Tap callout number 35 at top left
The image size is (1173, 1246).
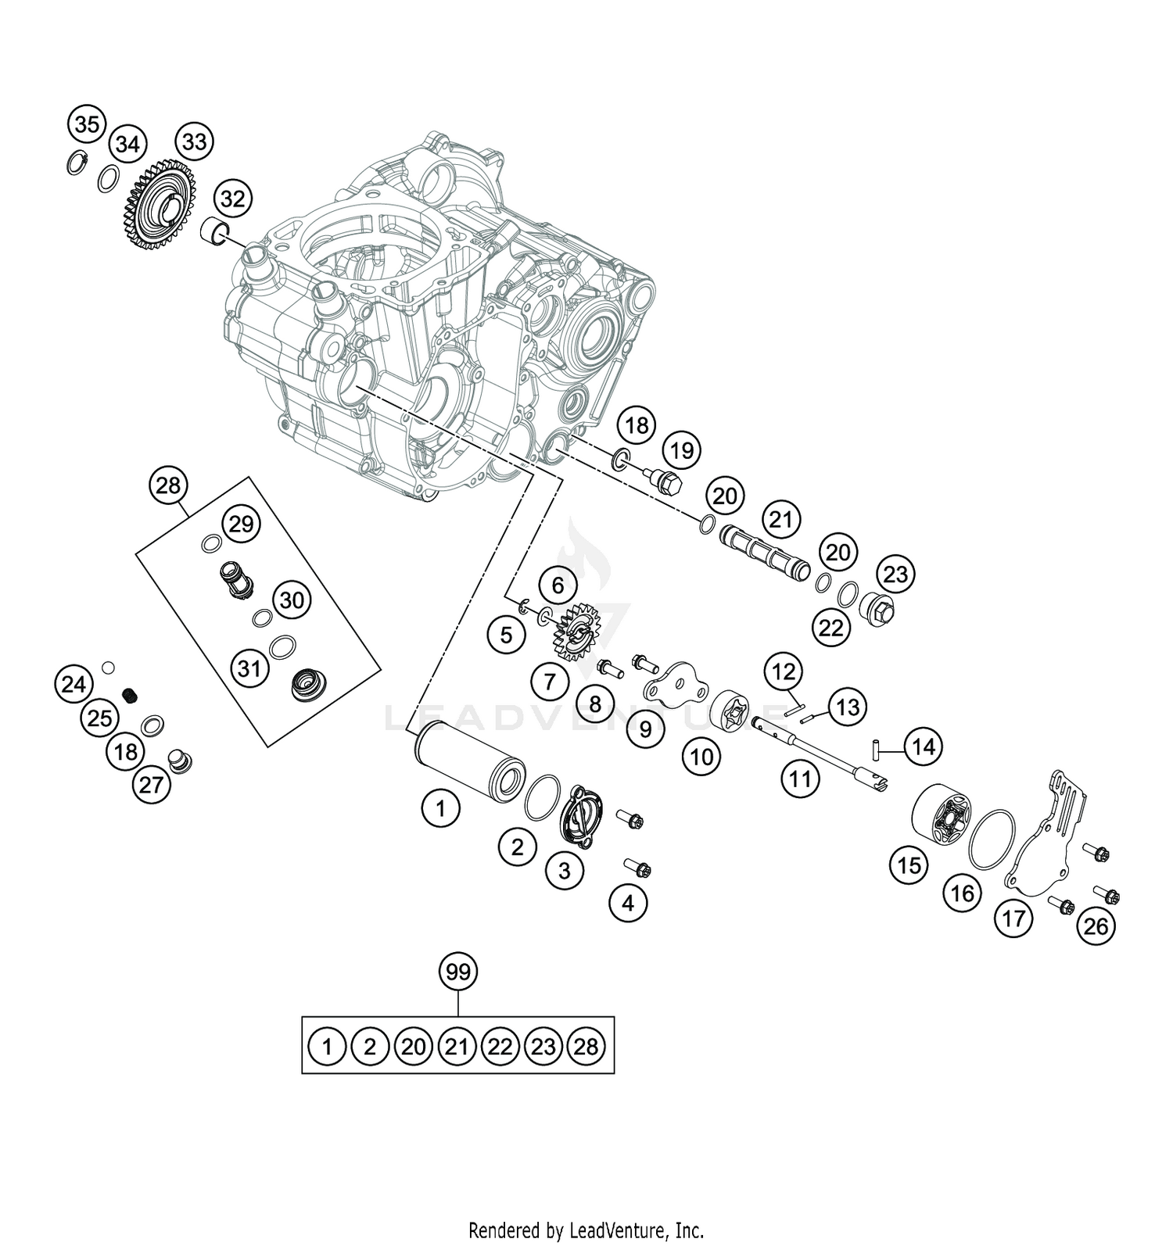(87, 124)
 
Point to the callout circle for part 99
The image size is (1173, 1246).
(459, 972)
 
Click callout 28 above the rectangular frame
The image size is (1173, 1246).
(168, 485)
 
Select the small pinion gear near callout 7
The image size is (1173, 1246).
(575, 627)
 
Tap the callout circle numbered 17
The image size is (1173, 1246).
(1013, 918)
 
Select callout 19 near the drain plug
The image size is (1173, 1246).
(681, 450)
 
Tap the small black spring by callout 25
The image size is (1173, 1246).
(131, 695)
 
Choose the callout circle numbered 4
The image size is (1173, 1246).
(629, 904)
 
